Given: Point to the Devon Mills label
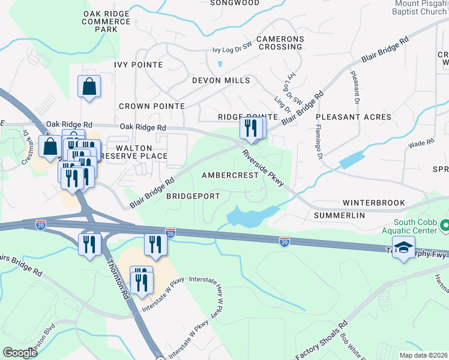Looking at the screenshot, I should [221, 80].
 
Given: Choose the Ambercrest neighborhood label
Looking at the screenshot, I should [229, 175].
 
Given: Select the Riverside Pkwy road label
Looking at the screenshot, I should [263, 169].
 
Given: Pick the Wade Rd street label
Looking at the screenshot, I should [420, 143].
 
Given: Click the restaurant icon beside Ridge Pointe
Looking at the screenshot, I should [251, 128].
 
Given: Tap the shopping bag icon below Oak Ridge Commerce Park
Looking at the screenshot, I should [89, 86].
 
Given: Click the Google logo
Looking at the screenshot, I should [20, 352].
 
